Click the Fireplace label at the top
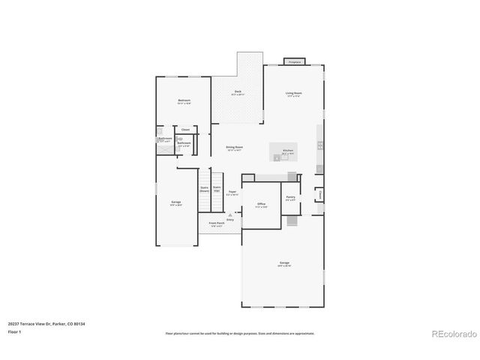click(x=294, y=62)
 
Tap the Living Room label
click(x=292, y=94)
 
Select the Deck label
click(x=237, y=92)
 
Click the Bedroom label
click(x=184, y=100)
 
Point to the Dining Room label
click(x=234, y=148)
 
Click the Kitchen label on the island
click(x=287, y=151)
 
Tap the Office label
click(x=262, y=204)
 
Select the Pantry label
click(x=290, y=198)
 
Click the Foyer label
click(x=232, y=192)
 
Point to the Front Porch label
click(x=216, y=223)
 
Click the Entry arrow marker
click(x=230, y=217)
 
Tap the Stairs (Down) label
click(x=204, y=190)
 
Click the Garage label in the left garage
click(x=175, y=202)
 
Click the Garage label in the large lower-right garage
click(x=284, y=263)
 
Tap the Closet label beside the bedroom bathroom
click(x=184, y=130)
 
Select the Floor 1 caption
click(x=14, y=331)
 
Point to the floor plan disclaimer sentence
click(x=239, y=333)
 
